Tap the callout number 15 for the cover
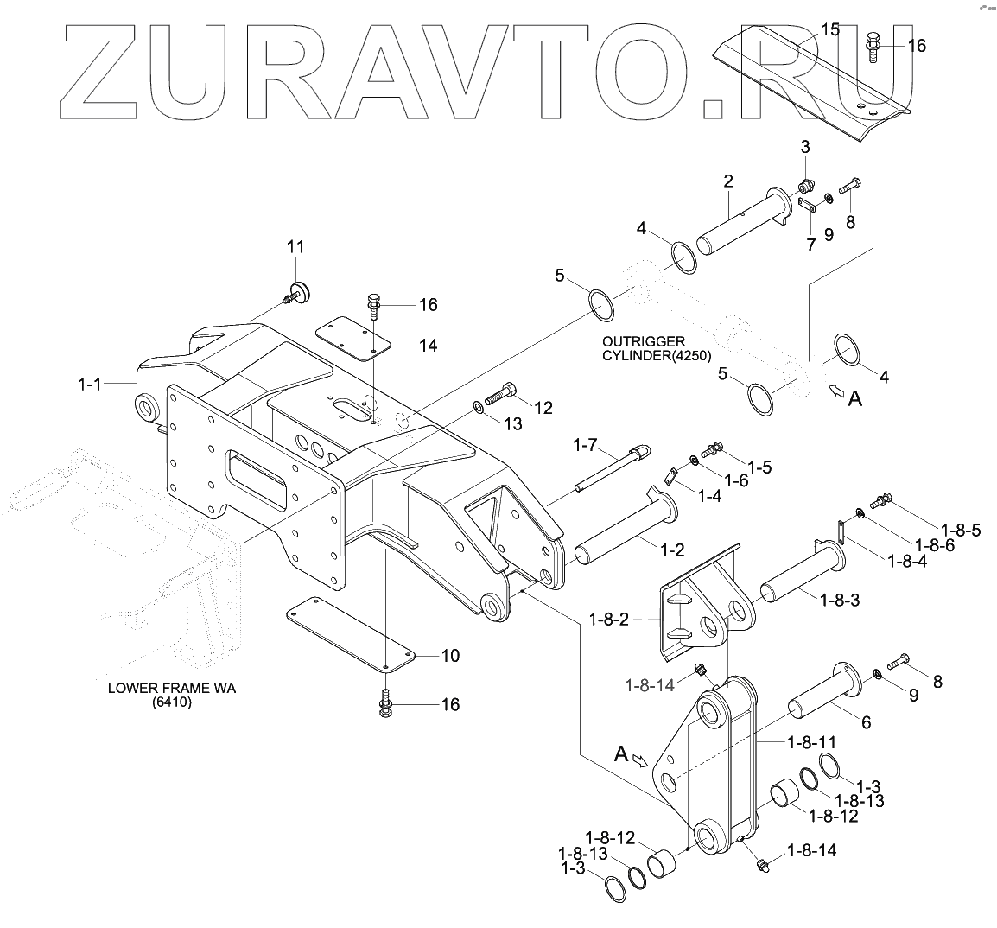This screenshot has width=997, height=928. (829, 30)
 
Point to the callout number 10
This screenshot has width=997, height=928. (450, 655)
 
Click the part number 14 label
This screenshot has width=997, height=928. (427, 346)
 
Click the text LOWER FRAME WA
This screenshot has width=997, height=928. (172, 690)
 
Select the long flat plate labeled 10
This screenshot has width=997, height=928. (350, 637)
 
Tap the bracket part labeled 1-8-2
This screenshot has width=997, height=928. (700, 605)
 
